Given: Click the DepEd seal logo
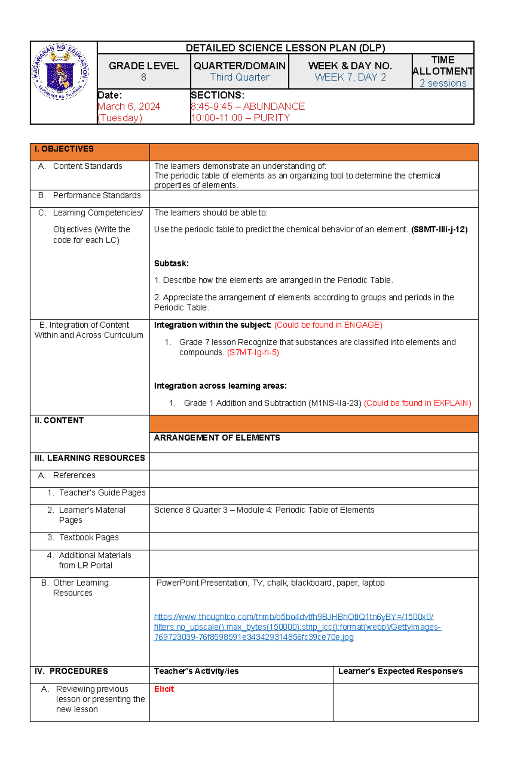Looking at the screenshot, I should pyautogui.click(x=61, y=72).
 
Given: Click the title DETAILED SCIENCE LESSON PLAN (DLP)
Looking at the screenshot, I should pyautogui.click(x=285, y=48).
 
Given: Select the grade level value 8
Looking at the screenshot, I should pyautogui.click(x=144, y=77).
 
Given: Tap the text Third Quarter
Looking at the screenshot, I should pyautogui.click(x=240, y=77).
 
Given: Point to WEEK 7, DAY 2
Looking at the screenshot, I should pyautogui.click(x=350, y=77).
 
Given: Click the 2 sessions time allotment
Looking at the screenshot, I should pyautogui.click(x=443, y=83).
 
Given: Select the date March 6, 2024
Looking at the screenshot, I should pyautogui.click(x=129, y=107).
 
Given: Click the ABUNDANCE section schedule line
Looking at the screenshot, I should pyautogui.click(x=248, y=107).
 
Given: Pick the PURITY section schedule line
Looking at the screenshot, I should pyautogui.click(x=240, y=118).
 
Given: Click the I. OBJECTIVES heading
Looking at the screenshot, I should pyautogui.click(x=64, y=149).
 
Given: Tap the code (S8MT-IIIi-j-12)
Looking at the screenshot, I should pyautogui.click(x=439, y=230).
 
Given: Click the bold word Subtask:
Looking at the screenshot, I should pyautogui.click(x=171, y=263).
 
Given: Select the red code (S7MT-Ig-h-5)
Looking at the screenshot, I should pyautogui.click(x=253, y=352).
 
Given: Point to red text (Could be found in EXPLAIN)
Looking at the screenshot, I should pyautogui.click(x=417, y=403).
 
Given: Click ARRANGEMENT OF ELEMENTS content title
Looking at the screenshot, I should pyautogui.click(x=217, y=438).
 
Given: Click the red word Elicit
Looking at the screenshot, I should pyautogui.click(x=164, y=689).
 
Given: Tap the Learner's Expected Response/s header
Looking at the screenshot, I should pyautogui.click(x=400, y=671).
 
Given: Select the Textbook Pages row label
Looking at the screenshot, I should pyautogui.click(x=88, y=537).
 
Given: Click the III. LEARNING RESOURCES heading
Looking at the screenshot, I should pyautogui.click(x=90, y=458).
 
